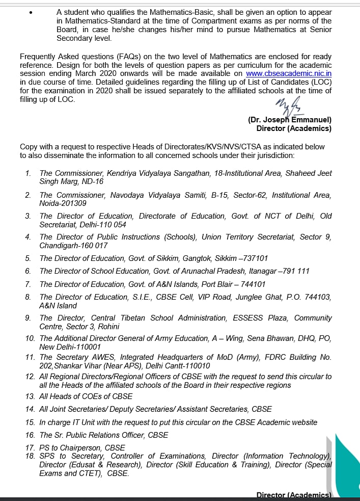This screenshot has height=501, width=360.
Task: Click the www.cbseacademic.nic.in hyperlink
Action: (x=289, y=73)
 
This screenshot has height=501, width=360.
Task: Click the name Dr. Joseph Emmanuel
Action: (x=290, y=120)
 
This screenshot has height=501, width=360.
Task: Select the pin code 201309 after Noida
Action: (x=73, y=203)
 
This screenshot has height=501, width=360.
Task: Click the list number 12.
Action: (x=30, y=377)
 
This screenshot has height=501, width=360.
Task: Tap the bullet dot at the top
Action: (x=32, y=13)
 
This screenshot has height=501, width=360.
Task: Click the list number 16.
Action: (x=30, y=435)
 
